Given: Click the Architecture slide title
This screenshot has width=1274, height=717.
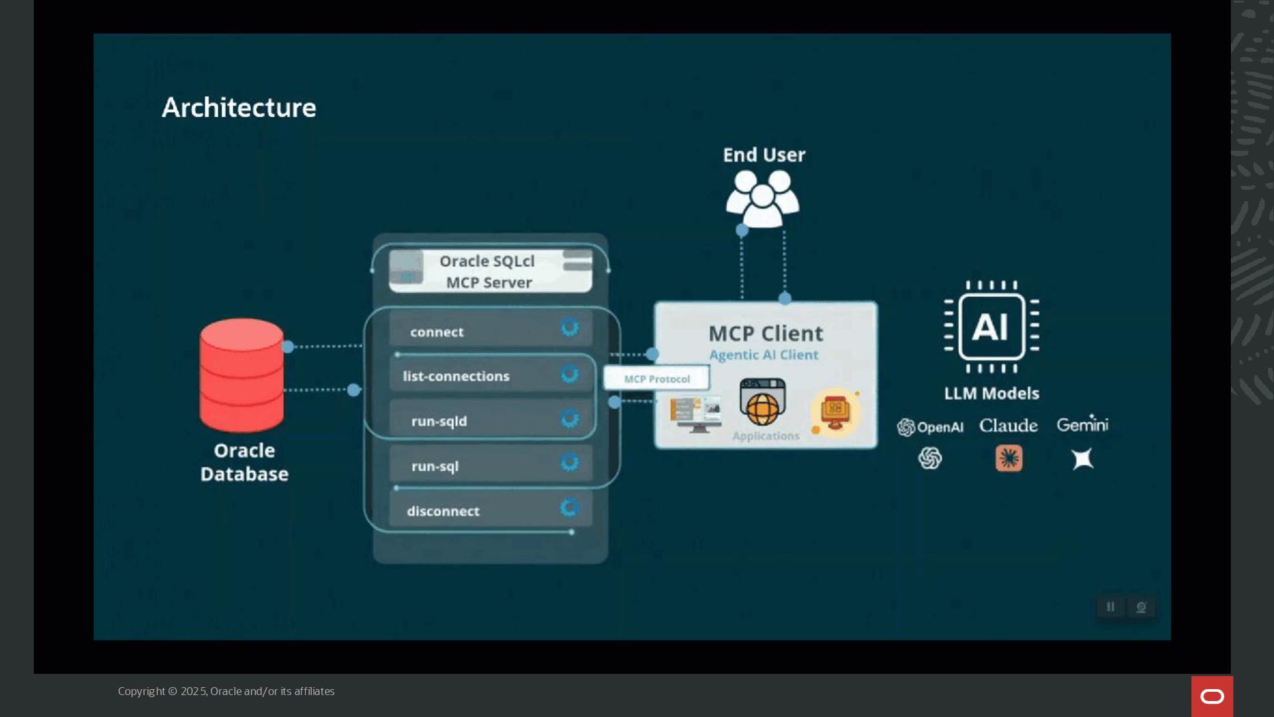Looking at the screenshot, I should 239,108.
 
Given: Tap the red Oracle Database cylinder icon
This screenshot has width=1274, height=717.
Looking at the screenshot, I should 242,375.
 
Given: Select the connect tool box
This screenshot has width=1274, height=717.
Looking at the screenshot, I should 490,329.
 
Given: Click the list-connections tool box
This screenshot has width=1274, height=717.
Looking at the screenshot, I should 490,375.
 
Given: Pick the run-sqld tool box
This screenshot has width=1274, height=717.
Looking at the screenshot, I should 490,420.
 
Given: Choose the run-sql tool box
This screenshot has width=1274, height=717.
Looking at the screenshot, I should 490,464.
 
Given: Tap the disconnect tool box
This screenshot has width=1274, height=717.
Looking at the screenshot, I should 490,510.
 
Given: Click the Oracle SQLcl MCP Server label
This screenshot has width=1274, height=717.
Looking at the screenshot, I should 488,272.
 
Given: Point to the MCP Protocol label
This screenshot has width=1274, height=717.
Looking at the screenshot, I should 657,379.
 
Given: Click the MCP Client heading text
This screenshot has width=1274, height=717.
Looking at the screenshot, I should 766,333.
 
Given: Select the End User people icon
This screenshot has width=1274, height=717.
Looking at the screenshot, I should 762,198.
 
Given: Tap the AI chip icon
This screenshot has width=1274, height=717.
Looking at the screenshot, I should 991,327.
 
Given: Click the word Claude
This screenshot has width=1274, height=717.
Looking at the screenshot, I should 1008,426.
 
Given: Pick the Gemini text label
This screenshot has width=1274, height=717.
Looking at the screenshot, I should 1082,424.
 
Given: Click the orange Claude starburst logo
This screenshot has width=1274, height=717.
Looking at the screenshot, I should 1009,458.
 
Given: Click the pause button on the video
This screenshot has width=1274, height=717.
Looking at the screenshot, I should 1110,607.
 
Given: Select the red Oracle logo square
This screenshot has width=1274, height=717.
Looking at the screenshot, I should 1212,696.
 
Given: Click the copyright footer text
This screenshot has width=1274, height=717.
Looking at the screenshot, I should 226,691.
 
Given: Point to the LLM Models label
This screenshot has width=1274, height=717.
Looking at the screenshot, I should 991,394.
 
